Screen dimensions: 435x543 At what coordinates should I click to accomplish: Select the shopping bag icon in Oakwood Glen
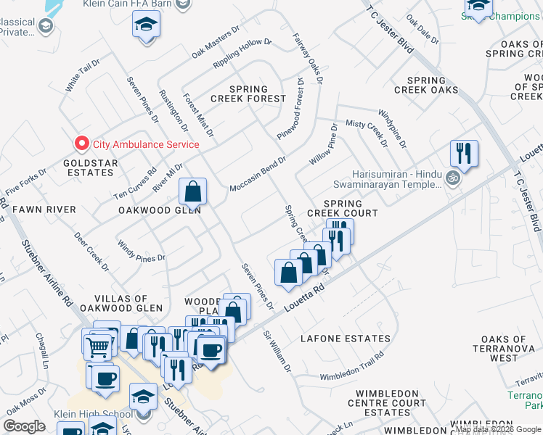pos(193,192)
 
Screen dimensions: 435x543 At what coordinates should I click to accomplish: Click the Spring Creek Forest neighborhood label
pos(249,94)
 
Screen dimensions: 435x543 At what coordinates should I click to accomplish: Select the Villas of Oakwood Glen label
pos(121,303)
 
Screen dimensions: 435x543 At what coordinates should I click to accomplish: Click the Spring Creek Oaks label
pos(426,85)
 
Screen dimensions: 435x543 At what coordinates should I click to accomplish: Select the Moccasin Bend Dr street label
pos(258,177)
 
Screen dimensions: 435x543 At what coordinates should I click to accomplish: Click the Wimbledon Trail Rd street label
pos(351,366)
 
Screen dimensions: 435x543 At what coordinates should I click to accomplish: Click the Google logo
pos(24,426)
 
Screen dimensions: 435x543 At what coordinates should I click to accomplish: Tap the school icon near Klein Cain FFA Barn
pos(145,26)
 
